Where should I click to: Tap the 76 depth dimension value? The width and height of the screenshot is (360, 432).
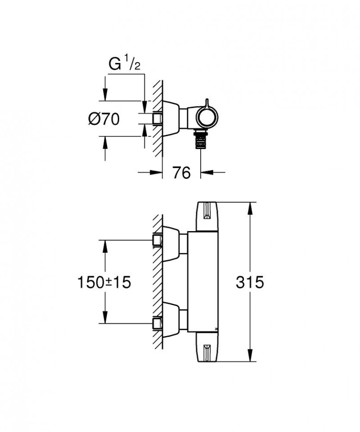(181, 173)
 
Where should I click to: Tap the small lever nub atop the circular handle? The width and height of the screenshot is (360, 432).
(207, 101)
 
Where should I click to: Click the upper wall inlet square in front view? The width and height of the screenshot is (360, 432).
(157, 240)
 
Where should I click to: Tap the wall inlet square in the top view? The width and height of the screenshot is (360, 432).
(157, 118)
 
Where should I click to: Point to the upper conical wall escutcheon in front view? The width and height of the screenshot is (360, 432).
(171, 243)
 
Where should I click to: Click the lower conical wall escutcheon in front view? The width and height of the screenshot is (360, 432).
(171, 320)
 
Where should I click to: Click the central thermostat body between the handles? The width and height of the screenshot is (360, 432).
(202, 282)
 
